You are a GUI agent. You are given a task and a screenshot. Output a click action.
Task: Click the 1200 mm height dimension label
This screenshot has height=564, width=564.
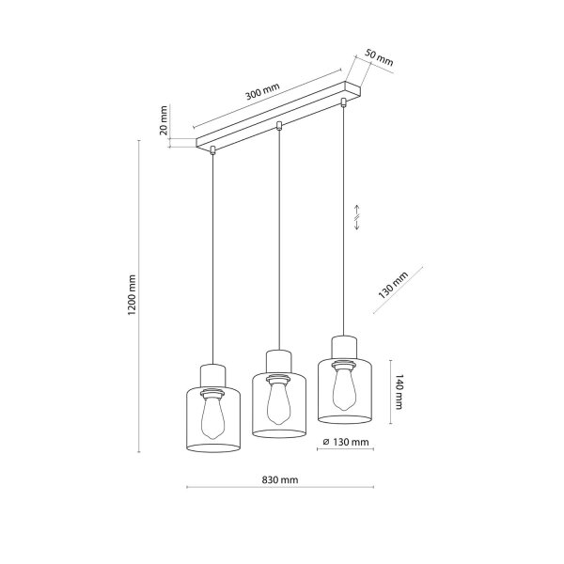132,295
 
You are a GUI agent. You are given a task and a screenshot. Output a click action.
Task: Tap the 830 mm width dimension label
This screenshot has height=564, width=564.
280,479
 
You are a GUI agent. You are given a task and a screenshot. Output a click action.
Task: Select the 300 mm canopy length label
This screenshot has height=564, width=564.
262,91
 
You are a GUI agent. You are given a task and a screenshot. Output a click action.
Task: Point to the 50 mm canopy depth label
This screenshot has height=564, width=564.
379,57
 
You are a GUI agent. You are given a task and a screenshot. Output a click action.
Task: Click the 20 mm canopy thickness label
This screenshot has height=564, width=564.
164,120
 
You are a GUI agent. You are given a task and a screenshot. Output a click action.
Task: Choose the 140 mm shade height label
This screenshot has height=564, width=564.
399,392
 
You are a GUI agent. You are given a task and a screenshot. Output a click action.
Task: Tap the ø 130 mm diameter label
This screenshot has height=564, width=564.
346,442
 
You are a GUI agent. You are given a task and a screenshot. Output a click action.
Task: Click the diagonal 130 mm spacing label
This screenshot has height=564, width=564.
393,286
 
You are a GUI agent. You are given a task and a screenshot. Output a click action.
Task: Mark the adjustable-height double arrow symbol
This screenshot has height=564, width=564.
356,217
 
